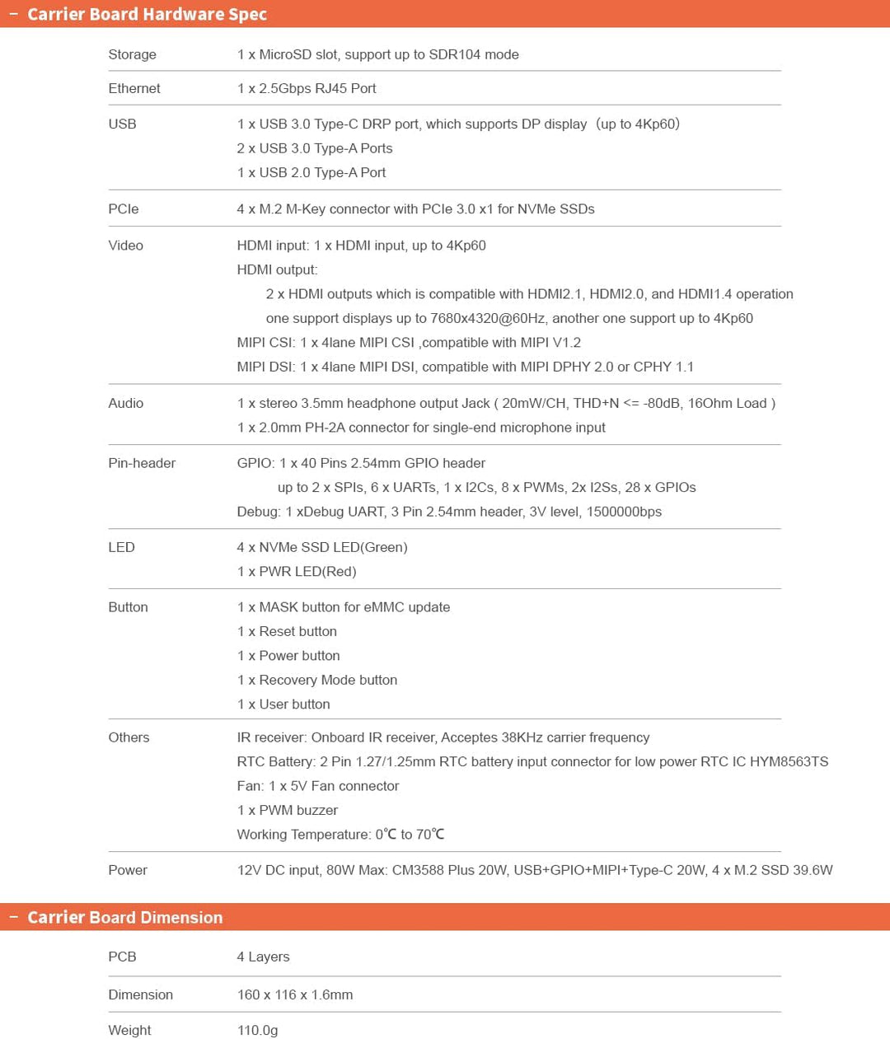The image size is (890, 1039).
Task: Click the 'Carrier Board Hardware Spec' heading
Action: [147, 14]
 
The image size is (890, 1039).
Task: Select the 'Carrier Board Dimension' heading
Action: [124, 917]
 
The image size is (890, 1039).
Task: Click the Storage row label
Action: [132, 54]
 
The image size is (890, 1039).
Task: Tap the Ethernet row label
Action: [134, 88]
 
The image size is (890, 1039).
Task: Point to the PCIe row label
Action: [124, 208]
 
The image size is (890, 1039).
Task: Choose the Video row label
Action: [125, 245]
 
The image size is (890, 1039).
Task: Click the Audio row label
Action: [125, 403]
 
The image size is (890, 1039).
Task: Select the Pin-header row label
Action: [142, 463]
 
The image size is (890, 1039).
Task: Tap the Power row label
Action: [128, 870]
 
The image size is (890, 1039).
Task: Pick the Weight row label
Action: [129, 1030]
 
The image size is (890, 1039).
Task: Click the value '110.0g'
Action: [257, 1030]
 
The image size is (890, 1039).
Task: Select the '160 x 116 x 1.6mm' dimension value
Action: [295, 995]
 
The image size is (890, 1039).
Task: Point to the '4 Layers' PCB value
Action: [263, 957]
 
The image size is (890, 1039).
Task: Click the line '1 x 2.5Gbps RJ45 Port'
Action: [307, 88]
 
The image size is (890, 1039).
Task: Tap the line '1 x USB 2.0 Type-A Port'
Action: [311, 172]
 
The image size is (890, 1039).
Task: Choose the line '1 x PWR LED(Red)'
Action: [297, 571]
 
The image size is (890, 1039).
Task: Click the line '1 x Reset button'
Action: [287, 631]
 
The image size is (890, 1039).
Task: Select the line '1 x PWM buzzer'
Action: [288, 810]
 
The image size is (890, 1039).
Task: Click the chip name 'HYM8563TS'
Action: [789, 761]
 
